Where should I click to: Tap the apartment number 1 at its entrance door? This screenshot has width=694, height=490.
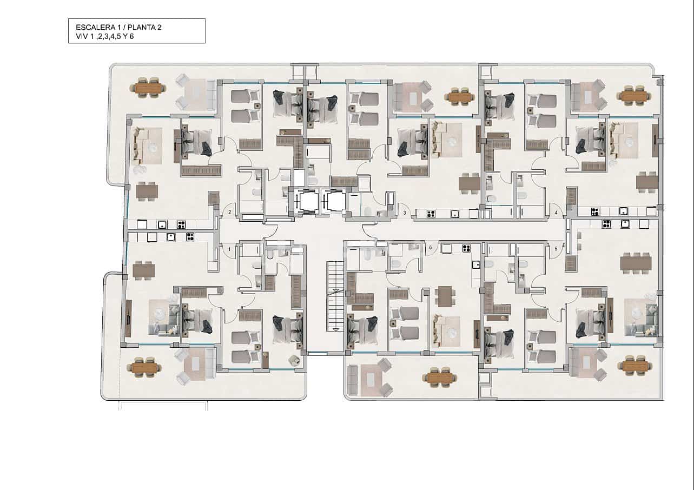(230, 249)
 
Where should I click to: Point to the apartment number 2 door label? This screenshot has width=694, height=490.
(230, 212)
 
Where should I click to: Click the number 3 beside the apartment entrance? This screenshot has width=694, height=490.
(405, 213)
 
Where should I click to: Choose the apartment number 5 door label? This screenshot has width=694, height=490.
(556, 249)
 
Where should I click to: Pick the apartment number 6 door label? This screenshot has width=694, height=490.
(431, 248)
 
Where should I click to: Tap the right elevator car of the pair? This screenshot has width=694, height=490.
(334, 202)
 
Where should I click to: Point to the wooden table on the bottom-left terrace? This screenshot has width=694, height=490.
(144, 368)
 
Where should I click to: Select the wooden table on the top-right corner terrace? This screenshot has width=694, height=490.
(635, 96)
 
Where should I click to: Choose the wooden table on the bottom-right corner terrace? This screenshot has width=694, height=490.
(635, 366)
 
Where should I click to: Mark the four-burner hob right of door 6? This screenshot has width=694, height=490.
(466, 248)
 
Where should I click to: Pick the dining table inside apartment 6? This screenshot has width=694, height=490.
(444, 296)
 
